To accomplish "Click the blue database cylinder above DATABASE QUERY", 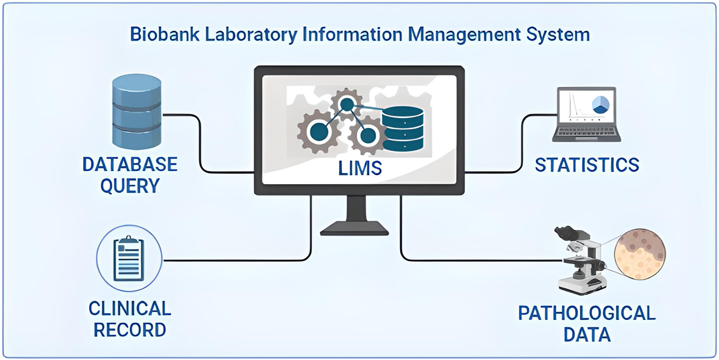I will pyautogui.click(x=137, y=112).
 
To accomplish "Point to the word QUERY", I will pyautogui.click(x=130, y=186).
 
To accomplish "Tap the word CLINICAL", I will pyautogui.click(x=129, y=308).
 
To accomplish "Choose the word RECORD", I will pyautogui.click(x=129, y=330).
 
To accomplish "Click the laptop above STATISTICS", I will pyautogui.click(x=586, y=115).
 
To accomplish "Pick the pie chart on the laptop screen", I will pyautogui.click(x=600, y=104).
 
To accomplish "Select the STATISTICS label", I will pyautogui.click(x=587, y=164).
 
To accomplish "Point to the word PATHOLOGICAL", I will pyautogui.click(x=587, y=314).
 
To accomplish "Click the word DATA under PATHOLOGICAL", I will pyautogui.click(x=587, y=335).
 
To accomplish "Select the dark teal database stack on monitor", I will pyautogui.click(x=403, y=128).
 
